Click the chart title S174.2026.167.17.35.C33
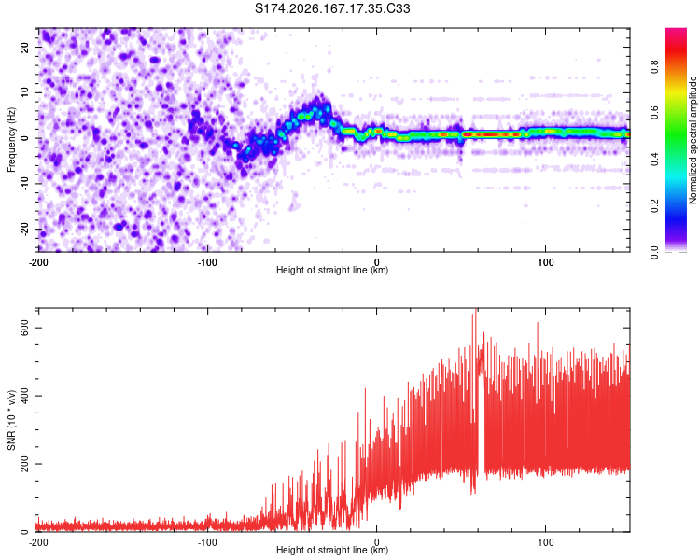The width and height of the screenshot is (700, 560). [x=332, y=8]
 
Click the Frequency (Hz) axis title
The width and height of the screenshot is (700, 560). [x=11, y=140]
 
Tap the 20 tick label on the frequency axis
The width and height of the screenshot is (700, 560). [x=24, y=47]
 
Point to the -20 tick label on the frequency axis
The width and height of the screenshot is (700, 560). [x=24, y=229]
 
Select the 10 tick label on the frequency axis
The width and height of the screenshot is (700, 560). [x=24, y=92]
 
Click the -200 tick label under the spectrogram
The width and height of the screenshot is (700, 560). [x=38, y=262]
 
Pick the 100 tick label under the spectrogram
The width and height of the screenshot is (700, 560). [x=546, y=262]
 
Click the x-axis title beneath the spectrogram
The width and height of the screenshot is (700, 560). [x=332, y=270]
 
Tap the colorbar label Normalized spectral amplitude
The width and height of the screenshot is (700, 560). [x=693, y=140]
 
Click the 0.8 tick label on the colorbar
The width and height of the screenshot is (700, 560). [x=654, y=67]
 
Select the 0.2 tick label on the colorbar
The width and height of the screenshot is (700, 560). [x=654, y=206]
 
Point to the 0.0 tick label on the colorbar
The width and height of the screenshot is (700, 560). [x=654, y=252]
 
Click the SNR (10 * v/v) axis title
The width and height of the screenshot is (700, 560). [x=11, y=420]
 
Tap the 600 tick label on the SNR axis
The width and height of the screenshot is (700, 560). [x=24, y=328]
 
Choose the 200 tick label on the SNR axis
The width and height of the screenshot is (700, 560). [x=24, y=464]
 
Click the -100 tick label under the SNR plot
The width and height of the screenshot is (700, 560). [x=207, y=542]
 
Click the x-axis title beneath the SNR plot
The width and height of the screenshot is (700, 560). [x=332, y=550]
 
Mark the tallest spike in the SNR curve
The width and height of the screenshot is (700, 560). [x=476, y=311]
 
